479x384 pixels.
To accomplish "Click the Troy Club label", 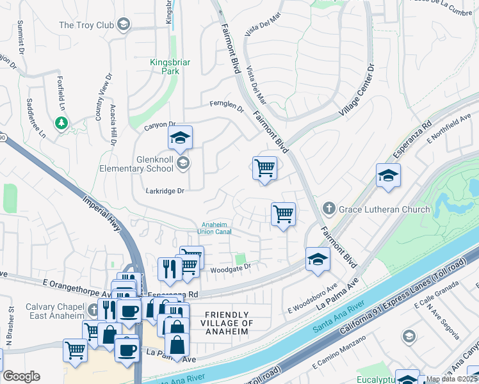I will (86, 25).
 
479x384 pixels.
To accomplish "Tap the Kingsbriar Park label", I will (165, 67).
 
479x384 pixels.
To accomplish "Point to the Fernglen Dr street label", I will (227, 106).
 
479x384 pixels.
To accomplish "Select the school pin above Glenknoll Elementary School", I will (181, 138).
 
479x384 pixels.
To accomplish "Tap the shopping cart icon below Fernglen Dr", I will (264, 168).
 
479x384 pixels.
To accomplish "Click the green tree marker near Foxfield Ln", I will (61, 122).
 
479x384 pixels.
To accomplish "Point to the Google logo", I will (21, 376).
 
